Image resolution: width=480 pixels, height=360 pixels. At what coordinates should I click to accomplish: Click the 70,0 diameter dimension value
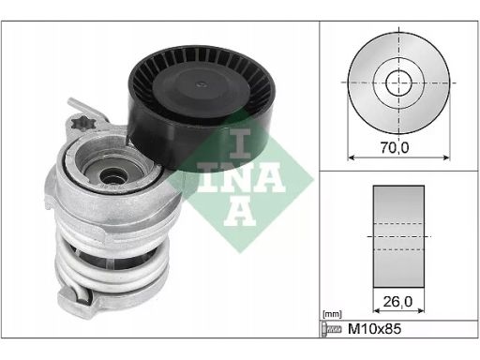(x=395, y=147)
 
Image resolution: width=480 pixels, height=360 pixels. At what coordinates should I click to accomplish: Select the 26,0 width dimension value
(x=397, y=302)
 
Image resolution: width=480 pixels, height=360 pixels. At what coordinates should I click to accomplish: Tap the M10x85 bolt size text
(x=374, y=329)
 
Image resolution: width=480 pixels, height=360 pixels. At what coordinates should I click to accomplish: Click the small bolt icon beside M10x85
(x=331, y=329)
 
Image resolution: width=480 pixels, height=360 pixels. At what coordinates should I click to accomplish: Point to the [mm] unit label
(x=332, y=314)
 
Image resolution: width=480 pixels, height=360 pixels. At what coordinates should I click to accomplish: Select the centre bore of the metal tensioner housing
(x=111, y=176)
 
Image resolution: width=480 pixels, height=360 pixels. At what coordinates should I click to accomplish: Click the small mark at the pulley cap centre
(x=201, y=84)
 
